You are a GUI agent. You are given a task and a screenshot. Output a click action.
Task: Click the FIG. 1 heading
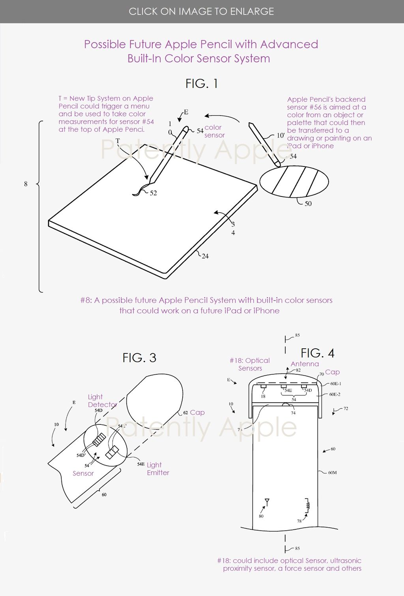(x=202, y=84)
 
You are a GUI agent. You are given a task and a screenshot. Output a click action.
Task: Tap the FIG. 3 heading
(x=139, y=358)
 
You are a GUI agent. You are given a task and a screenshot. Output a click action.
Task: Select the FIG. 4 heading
(x=317, y=353)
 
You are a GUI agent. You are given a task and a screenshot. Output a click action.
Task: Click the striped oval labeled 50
(x=294, y=181)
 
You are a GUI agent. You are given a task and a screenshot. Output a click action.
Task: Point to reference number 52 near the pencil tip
(x=153, y=193)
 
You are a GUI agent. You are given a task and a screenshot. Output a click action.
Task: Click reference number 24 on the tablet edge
(x=205, y=256)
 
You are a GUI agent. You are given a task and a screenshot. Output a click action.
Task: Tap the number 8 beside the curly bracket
(x=26, y=184)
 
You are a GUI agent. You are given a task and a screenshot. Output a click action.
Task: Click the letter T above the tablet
(x=118, y=141)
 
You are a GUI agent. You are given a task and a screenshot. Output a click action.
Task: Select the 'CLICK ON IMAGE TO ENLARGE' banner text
(x=201, y=11)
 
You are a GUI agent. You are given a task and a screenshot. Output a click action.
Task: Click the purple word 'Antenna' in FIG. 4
(x=305, y=364)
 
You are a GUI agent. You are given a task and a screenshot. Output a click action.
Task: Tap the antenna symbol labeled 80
(x=267, y=503)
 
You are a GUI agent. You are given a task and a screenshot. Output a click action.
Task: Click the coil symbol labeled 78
(x=308, y=504)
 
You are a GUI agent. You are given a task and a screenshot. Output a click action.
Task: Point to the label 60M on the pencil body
(x=332, y=472)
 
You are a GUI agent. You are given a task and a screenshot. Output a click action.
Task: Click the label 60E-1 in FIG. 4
(x=335, y=383)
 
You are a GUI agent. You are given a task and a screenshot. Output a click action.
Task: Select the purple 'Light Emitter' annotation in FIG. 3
(x=158, y=469)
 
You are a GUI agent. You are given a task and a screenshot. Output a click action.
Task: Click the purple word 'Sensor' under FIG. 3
(x=83, y=473)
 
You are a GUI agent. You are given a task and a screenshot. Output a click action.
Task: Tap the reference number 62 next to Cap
(x=185, y=413)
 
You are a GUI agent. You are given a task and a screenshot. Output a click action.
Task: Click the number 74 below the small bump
(x=293, y=413)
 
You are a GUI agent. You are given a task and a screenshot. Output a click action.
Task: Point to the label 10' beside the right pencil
(x=281, y=135)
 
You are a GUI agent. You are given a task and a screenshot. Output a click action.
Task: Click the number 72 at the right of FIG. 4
(x=346, y=409)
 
